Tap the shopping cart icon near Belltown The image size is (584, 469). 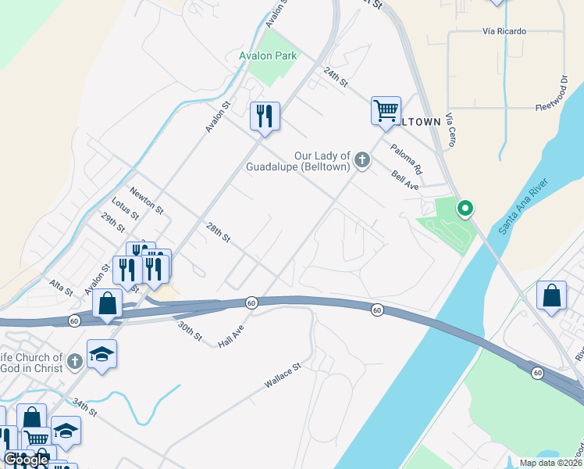386,110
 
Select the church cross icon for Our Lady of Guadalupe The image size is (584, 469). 361,160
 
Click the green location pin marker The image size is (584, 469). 465,209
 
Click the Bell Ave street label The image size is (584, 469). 405,181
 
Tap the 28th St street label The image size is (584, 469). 218,231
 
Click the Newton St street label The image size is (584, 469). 146,200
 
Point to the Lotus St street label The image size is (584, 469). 124,209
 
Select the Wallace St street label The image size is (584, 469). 282,375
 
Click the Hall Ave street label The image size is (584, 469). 231,336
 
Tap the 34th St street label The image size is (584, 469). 84,406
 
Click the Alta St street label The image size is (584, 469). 61,286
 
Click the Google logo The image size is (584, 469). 26,460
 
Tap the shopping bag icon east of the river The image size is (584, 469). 551,295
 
